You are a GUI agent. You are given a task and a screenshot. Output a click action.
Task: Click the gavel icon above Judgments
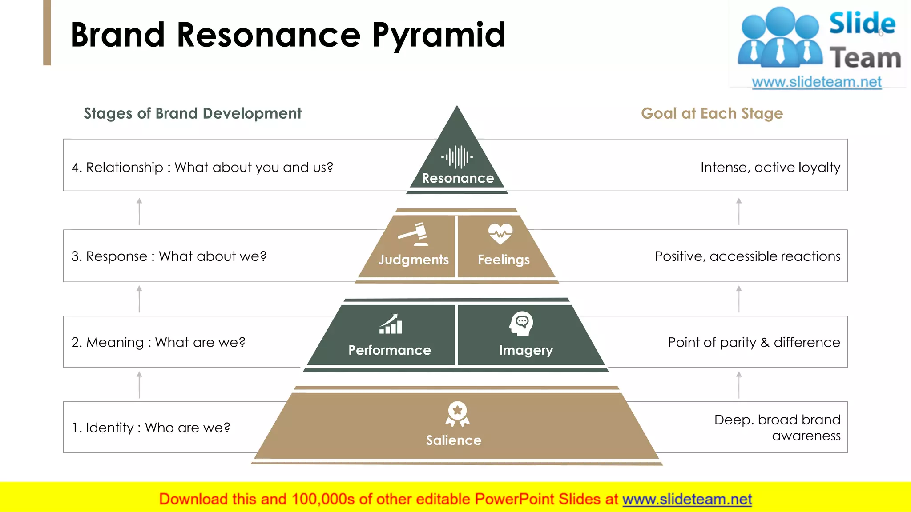point(414,234)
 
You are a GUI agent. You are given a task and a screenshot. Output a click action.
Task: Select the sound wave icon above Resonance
point(457,157)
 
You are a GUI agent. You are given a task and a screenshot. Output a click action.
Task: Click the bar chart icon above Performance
point(391,324)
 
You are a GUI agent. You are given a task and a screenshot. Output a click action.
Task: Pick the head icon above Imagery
point(521,324)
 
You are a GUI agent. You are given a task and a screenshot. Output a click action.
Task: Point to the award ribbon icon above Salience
point(457,414)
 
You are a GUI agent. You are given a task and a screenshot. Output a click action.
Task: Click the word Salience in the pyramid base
point(454,440)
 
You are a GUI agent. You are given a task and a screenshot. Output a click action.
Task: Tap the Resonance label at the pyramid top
point(458,178)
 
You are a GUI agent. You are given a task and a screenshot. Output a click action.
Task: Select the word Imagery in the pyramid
point(526,350)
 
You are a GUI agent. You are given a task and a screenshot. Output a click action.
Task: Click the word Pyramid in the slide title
point(439,36)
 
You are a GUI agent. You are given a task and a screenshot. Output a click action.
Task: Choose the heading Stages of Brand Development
point(193,114)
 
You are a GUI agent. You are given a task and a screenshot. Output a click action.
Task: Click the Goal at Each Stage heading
point(712,114)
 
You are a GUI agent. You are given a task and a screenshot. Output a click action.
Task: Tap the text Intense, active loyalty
point(770,168)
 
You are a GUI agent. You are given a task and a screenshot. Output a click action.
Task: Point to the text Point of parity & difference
point(754,342)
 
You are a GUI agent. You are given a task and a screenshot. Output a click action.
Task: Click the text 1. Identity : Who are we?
point(151,428)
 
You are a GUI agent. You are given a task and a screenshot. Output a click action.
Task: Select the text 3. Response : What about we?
point(169,256)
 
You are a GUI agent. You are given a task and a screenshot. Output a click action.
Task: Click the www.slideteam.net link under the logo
point(817,82)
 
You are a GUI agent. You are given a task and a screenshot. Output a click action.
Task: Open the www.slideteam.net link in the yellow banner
point(687,500)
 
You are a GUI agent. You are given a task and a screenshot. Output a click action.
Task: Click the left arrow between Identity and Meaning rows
point(139,385)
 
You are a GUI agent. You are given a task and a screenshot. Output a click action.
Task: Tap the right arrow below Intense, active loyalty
point(739,211)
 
